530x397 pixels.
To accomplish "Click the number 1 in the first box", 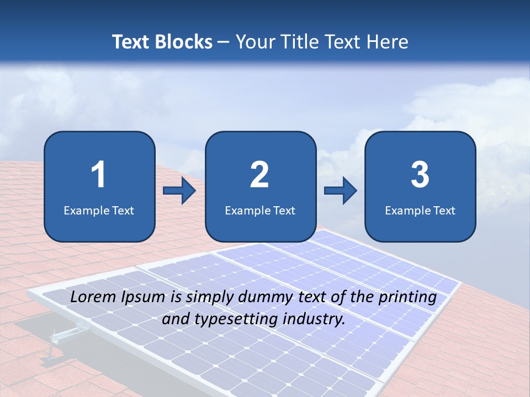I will [x=99, y=175].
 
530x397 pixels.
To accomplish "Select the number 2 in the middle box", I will [x=259, y=175].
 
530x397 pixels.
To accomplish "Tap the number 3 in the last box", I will [x=420, y=175].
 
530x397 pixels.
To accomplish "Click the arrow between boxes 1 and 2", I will [x=179, y=191].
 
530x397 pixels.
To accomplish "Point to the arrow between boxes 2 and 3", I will [x=340, y=191].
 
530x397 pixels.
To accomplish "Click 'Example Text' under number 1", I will [x=99, y=210].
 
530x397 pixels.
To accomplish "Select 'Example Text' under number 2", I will [x=260, y=210].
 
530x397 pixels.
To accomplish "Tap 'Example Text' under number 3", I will [x=420, y=210].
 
